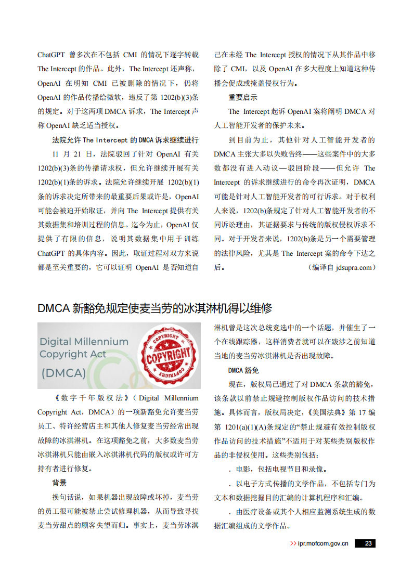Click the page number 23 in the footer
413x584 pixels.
click(368, 543)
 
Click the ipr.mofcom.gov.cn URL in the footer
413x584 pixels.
click(322, 543)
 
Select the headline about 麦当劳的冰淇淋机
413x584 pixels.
click(154, 308)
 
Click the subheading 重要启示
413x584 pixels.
click(243, 97)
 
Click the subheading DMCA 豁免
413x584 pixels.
click(243, 370)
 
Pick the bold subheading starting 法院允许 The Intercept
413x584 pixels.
click(125, 140)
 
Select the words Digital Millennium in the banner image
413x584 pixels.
click(84, 342)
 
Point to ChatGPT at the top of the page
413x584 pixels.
click(50, 55)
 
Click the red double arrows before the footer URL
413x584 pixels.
click(293, 543)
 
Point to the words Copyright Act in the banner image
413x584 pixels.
click(73, 354)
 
